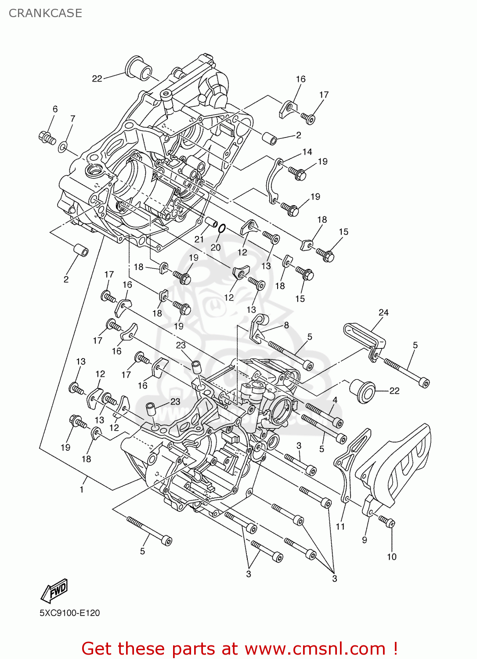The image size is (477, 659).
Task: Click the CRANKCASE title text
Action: [45, 13]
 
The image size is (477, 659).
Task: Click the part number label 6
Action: [55, 109]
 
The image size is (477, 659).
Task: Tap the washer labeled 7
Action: [63, 146]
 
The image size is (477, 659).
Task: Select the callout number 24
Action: [383, 312]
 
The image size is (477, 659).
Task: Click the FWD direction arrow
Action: [54, 591]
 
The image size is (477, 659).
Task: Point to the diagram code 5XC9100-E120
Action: [69, 613]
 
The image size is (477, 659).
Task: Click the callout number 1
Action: [82, 489]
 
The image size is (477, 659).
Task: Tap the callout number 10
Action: [391, 557]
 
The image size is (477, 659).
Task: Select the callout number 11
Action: [340, 526]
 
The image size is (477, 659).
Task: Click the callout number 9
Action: [364, 540]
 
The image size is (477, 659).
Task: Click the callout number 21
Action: [199, 239]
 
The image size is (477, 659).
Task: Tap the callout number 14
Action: [307, 152]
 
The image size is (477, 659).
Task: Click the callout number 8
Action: [286, 325]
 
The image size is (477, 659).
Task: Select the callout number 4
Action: [335, 400]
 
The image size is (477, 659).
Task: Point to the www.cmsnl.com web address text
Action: [315, 648]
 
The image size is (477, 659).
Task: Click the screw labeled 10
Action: [388, 521]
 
